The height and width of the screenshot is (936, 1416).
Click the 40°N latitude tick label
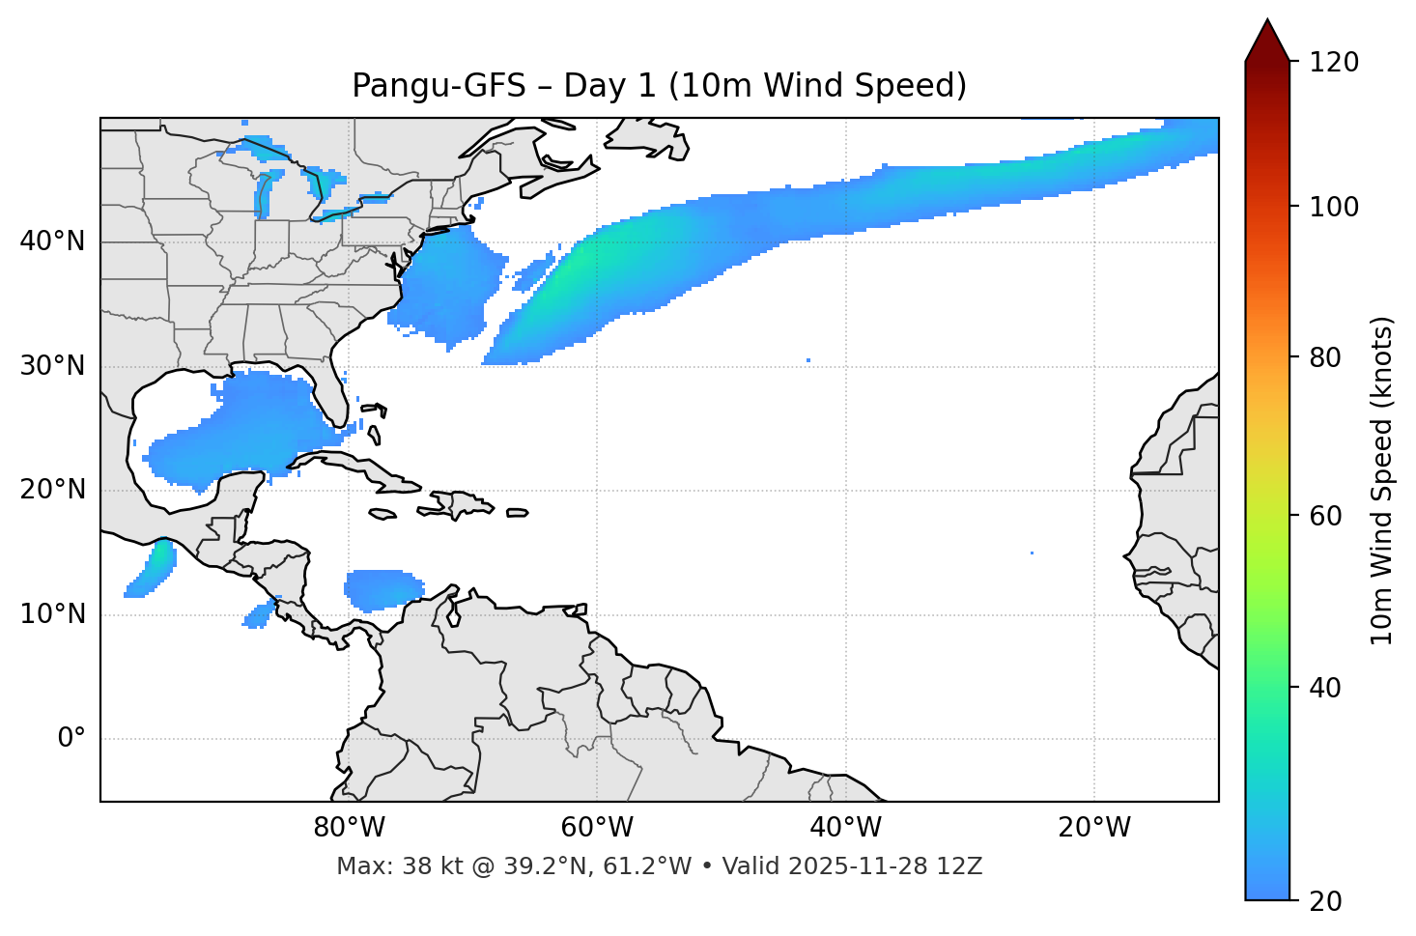click(52, 241)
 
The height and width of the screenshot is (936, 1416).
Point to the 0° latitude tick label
click(71, 739)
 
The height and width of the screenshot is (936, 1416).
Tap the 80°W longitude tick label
click(349, 828)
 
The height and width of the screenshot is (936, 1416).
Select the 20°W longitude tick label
click(1093, 828)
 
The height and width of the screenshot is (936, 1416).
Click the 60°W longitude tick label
click(597, 828)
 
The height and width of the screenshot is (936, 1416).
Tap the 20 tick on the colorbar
click(1326, 900)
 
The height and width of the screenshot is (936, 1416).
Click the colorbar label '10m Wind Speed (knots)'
click(1382, 480)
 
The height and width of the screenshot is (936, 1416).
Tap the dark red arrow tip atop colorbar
click(1266, 39)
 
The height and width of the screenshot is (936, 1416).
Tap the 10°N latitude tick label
click(52, 614)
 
